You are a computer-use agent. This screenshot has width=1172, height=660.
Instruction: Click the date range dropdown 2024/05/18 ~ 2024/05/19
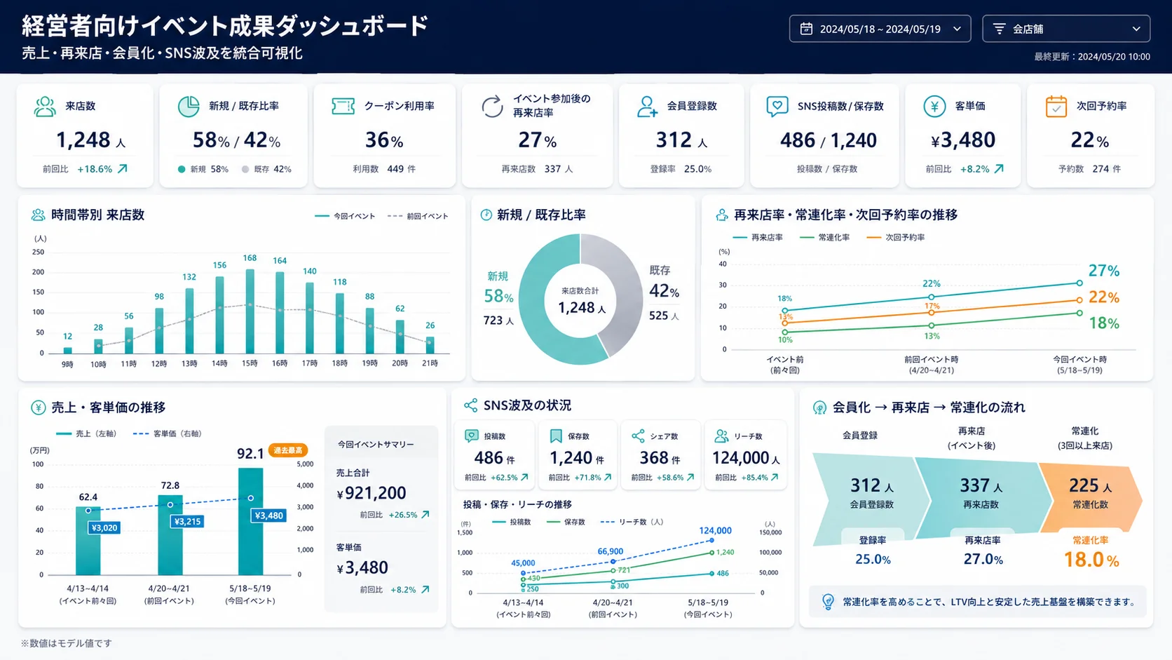(880, 29)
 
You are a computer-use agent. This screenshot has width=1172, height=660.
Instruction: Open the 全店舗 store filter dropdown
(1065, 29)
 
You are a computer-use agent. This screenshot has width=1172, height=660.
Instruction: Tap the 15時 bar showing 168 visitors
(250, 311)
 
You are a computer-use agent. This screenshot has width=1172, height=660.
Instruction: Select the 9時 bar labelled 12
(67, 350)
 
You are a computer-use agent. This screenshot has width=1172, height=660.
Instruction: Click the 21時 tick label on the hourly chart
(430, 363)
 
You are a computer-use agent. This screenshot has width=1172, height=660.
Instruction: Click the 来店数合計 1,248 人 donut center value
(581, 308)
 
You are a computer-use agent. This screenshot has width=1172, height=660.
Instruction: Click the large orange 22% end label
(1104, 297)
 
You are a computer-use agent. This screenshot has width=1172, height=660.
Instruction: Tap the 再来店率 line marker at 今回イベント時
(1079, 283)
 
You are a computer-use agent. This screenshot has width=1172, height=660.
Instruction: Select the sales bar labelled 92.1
(251, 521)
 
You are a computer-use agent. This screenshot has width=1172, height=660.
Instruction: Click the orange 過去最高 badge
(288, 450)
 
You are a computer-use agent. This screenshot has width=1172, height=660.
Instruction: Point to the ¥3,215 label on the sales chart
(186, 521)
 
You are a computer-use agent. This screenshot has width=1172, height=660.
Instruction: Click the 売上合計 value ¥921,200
(372, 493)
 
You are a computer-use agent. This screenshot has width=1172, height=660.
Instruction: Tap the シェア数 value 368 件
(660, 458)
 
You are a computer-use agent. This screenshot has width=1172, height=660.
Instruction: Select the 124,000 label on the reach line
(715, 531)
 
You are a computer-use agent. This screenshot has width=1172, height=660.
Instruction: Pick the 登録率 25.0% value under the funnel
(873, 560)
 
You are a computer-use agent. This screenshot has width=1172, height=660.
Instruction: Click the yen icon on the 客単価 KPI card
(934, 106)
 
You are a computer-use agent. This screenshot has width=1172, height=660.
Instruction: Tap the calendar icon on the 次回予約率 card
(1056, 106)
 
